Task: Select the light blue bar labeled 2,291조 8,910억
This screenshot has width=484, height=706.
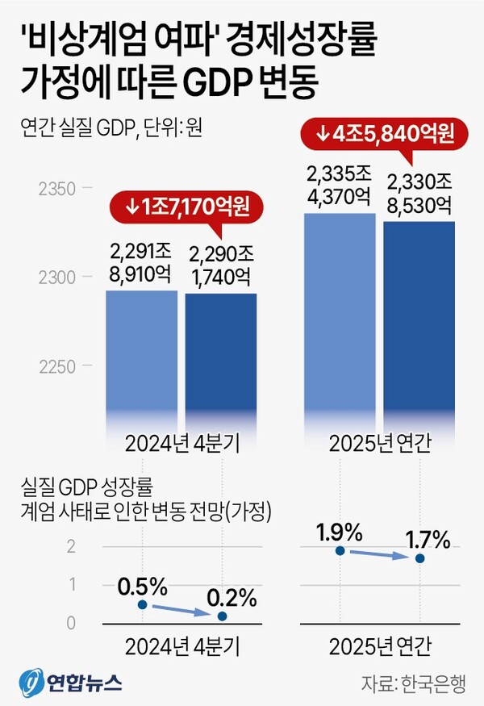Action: (141, 355)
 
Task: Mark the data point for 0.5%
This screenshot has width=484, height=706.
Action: (142, 604)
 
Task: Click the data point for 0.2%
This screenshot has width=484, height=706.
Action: (223, 616)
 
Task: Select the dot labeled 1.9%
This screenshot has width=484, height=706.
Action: (340, 550)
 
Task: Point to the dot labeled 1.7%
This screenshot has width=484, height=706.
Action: (420, 558)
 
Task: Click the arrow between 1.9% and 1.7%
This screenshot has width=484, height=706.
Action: (380, 554)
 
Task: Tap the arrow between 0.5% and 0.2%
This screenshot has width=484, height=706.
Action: (182, 611)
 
